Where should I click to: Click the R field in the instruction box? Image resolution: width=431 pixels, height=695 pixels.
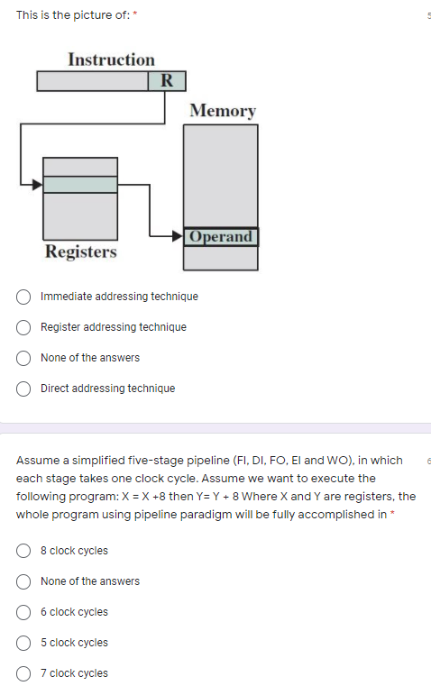167,81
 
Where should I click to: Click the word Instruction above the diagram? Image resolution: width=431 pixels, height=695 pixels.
111,59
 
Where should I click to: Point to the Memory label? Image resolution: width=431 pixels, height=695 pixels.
223,111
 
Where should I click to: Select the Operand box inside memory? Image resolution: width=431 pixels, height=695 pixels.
221,237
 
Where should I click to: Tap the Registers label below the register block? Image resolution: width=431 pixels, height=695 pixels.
81,251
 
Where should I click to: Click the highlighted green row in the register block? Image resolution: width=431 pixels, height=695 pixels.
81,184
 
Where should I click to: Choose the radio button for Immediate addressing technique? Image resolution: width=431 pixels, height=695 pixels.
25,297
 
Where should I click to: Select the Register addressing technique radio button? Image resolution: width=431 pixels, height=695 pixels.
25,327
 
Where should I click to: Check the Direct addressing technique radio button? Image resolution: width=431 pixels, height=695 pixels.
25,389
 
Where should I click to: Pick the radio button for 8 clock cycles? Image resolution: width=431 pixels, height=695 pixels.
25,551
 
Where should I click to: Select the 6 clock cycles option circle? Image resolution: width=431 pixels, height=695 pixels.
25,612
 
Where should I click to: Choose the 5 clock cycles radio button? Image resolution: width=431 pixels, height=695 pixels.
25,643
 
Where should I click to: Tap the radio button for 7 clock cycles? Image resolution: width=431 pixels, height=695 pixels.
25,673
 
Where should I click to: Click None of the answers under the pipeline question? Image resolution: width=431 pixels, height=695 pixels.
90,581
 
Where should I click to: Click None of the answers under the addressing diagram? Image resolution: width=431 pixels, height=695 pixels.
90,358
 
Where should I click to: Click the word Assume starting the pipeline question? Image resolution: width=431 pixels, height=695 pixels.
36,461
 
